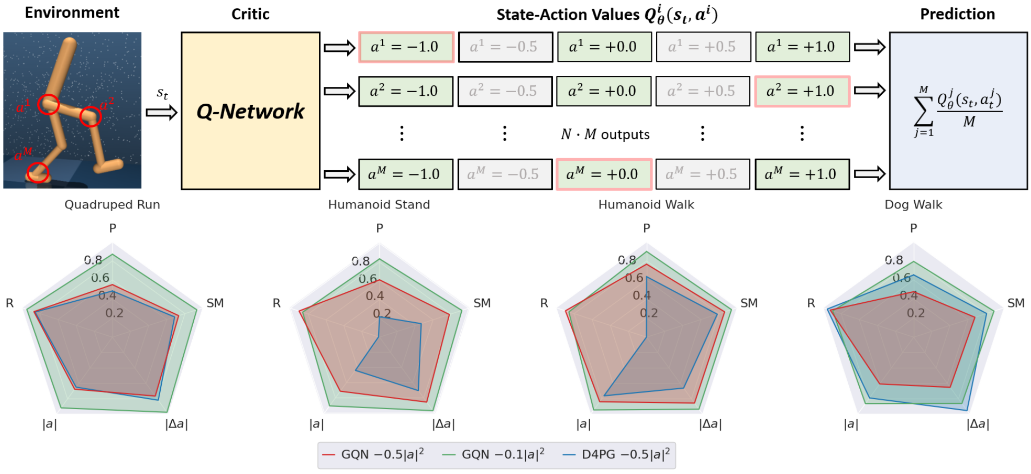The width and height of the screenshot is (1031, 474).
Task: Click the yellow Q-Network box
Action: [x=250, y=111]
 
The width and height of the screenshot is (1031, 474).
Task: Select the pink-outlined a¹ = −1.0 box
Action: [x=406, y=47]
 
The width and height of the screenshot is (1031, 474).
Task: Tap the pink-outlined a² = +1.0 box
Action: [x=802, y=91]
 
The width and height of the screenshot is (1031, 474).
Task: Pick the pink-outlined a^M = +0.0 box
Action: [x=604, y=174]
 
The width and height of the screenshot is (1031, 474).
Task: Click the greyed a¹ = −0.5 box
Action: [x=505, y=47]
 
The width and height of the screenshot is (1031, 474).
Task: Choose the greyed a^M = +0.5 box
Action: [x=702, y=174]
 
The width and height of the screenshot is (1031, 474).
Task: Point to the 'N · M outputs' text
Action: [x=605, y=135]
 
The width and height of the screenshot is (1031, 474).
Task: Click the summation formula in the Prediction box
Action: [x=958, y=111]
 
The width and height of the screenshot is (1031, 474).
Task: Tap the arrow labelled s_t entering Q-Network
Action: [x=162, y=112]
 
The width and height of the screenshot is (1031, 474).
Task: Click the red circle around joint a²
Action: [x=91, y=116]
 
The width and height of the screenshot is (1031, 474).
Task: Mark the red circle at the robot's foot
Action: [x=38, y=172]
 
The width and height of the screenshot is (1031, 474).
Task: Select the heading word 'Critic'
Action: [x=250, y=14]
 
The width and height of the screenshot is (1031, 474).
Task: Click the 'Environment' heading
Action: [x=72, y=13]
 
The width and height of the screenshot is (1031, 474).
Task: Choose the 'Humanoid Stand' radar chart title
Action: [x=379, y=205]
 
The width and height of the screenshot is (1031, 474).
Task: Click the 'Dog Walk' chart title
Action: [x=913, y=205]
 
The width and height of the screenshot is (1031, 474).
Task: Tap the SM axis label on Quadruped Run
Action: [x=215, y=303]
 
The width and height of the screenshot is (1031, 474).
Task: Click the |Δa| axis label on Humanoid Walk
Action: [x=711, y=424]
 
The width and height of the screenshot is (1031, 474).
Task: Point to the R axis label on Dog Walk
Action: [x=811, y=303]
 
